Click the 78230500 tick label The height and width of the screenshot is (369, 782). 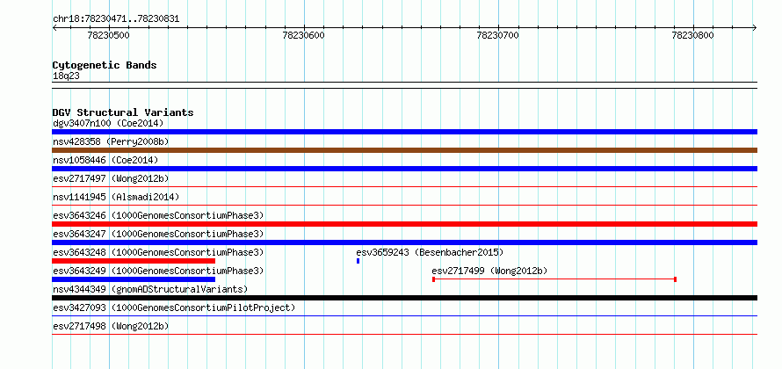click(x=108, y=35)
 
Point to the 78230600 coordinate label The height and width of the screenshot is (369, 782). click(x=303, y=35)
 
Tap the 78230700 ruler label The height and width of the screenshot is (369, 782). click(x=497, y=35)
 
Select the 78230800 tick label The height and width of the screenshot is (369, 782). click(x=692, y=35)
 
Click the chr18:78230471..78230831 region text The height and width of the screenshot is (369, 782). click(x=116, y=19)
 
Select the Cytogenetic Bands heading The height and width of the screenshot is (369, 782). click(x=105, y=65)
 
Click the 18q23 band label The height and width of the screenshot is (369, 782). click(x=66, y=76)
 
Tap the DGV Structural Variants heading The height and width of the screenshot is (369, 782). click(x=123, y=112)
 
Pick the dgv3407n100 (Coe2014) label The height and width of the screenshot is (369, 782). click(x=108, y=123)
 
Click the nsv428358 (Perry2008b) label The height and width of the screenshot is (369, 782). click(x=111, y=141)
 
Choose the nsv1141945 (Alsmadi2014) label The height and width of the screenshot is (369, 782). click(x=116, y=197)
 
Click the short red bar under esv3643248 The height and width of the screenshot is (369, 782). click(x=134, y=261)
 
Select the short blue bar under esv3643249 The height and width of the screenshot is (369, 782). click(x=134, y=279)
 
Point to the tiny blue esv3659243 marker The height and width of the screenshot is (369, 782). click(x=358, y=261)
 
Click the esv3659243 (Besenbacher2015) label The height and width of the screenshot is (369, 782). click(x=430, y=252)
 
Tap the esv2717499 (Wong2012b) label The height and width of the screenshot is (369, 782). click(x=489, y=271)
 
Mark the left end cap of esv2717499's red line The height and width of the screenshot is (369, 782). click(x=433, y=279)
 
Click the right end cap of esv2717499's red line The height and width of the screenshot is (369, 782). click(x=676, y=279)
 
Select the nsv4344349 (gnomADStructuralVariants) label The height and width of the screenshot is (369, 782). click(x=150, y=289)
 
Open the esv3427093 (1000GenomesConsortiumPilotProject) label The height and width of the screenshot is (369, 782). click(x=174, y=307)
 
